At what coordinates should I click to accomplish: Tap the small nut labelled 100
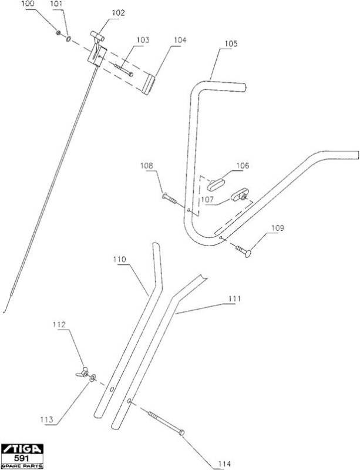click(59, 32)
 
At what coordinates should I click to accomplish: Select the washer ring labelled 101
click(69, 39)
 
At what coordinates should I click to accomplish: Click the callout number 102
click(118, 13)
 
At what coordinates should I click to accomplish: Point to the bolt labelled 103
click(123, 70)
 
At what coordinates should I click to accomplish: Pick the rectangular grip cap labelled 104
click(149, 84)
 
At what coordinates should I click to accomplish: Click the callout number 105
click(231, 43)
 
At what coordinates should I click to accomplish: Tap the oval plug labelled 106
click(216, 184)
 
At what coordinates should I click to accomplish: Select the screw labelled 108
click(169, 198)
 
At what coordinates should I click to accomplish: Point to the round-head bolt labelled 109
click(243, 251)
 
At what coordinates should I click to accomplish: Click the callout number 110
click(120, 260)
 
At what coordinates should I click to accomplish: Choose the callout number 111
click(234, 299)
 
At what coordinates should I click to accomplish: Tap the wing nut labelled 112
click(83, 372)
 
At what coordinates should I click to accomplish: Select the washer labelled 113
click(92, 378)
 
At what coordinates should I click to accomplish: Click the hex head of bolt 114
click(181, 432)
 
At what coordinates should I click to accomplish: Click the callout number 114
click(224, 464)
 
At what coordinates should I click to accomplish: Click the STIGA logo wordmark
click(22, 449)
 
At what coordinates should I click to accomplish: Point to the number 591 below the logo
click(22, 458)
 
